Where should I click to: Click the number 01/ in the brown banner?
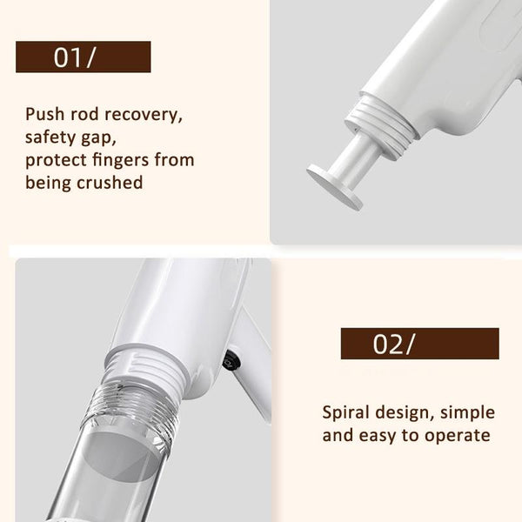tap(74, 57)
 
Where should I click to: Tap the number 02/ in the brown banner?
tap(394, 344)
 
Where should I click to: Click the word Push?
tap(45, 114)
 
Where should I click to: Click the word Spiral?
tap(345, 413)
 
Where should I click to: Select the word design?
tap(405, 413)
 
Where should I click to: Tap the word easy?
tap(378, 436)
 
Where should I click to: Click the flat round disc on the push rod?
tap(334, 187)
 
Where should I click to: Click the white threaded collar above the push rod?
tap(382, 125)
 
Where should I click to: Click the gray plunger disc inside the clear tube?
tap(121, 457)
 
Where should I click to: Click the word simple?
tap(468, 413)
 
